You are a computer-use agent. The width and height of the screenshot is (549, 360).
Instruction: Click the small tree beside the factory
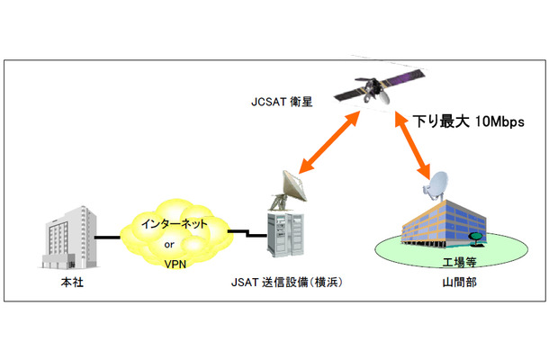tap(475, 237)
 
